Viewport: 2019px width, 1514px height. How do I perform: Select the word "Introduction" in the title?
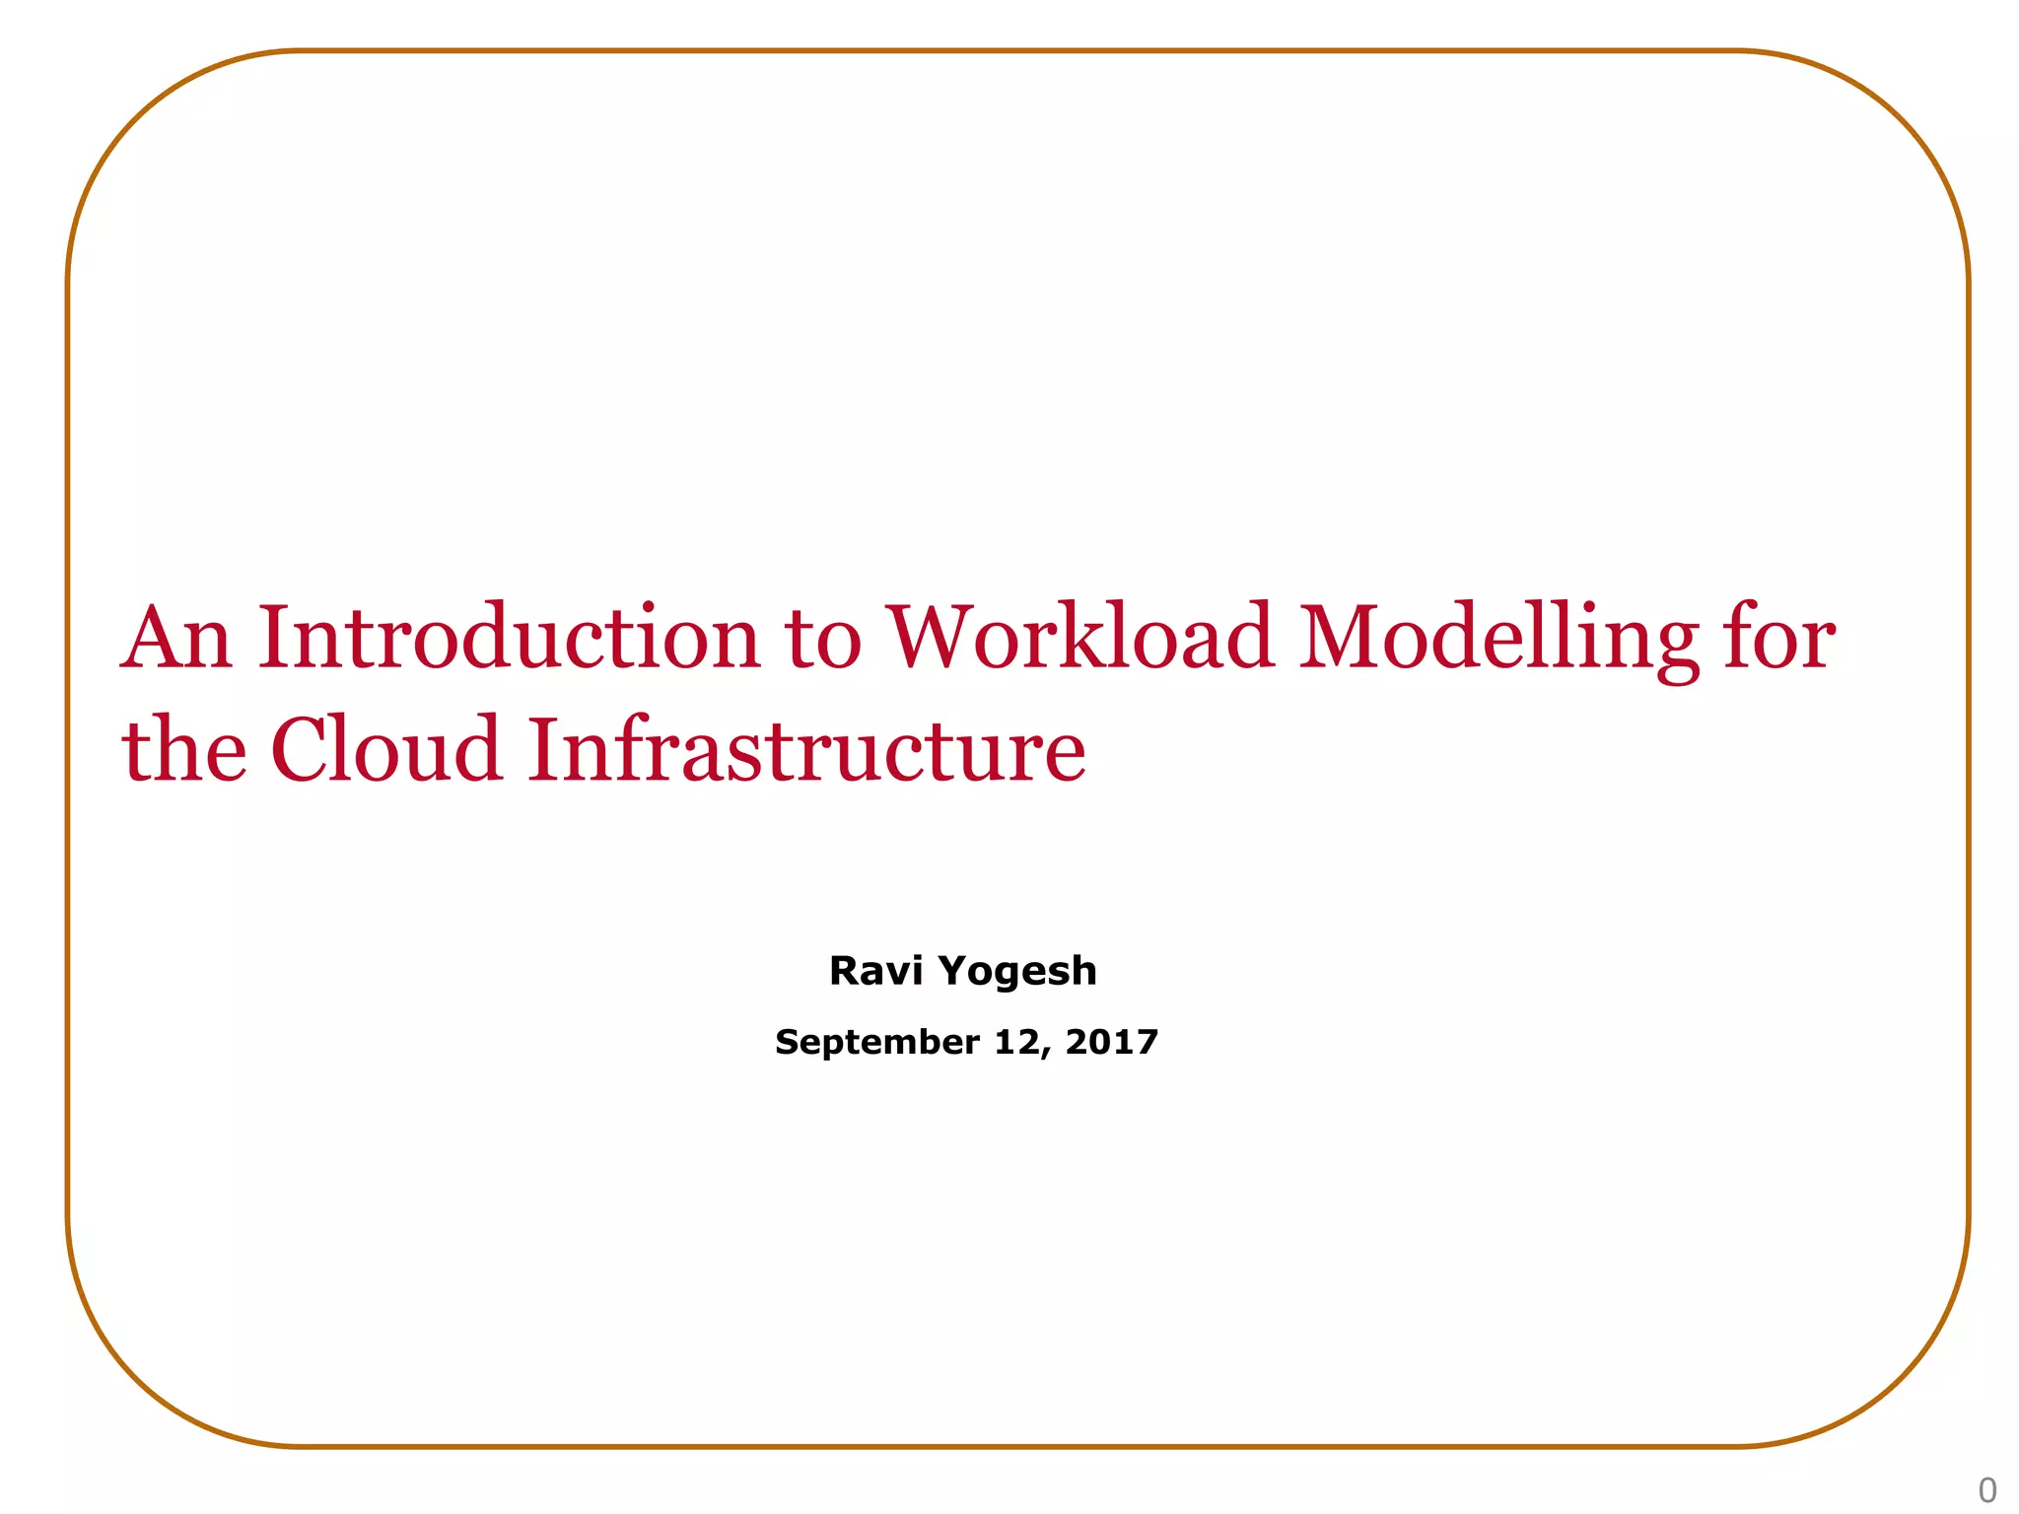(x=509, y=638)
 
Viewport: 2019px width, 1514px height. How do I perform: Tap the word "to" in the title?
(x=823, y=638)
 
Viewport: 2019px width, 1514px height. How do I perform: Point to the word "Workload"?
(x=1079, y=638)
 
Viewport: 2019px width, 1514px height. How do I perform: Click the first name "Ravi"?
(x=875, y=971)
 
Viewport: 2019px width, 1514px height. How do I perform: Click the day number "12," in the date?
(x=1022, y=1043)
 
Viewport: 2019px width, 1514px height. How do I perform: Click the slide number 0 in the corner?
(x=1987, y=1489)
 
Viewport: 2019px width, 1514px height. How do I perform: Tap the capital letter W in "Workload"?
(x=933, y=638)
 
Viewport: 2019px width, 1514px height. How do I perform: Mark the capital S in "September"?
(x=786, y=1042)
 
